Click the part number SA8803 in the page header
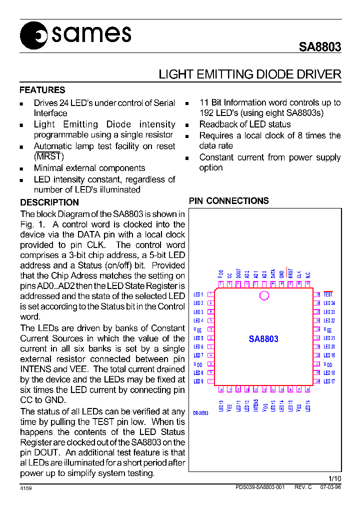pos(320,47)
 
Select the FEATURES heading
pos(42,90)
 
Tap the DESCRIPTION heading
pos(49,202)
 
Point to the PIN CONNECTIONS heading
pos(229,201)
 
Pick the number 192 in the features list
pos(207,113)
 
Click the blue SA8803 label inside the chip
pos(263,338)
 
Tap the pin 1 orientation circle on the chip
pos(264,295)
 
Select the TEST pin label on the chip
pos(328,294)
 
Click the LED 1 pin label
pos(198,295)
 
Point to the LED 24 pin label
pos(329,303)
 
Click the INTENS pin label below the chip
pos(255,405)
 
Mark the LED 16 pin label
pos(308,405)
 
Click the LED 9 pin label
pos(198,381)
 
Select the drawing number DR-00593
pos(200,413)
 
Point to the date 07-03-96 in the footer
pos(330,487)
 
